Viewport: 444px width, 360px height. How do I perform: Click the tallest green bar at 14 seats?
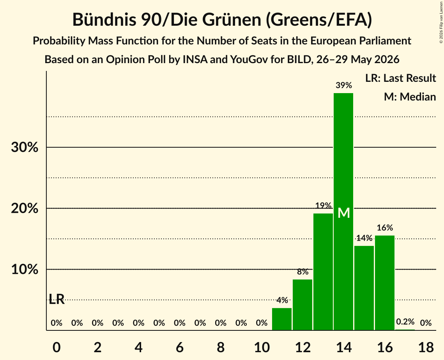[x=343, y=212]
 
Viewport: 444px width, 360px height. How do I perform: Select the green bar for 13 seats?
[x=323, y=272]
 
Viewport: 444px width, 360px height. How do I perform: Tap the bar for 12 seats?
[x=302, y=305]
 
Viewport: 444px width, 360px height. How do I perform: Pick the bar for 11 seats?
[x=282, y=319]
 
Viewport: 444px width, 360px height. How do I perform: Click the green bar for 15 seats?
[x=364, y=288]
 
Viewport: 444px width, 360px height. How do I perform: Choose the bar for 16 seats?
[x=385, y=283]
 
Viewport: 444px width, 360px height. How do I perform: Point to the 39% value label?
[x=344, y=85]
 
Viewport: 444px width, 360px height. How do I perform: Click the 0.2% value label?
[x=405, y=321]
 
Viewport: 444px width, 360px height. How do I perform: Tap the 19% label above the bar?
[x=323, y=205]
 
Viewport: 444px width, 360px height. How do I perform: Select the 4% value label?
[x=282, y=300]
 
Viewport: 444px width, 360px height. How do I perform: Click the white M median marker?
[x=344, y=213]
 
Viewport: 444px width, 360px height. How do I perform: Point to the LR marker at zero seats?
[x=57, y=299]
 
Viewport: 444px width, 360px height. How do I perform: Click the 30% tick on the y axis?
[x=25, y=147]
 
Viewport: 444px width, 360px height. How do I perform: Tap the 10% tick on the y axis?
[x=25, y=270]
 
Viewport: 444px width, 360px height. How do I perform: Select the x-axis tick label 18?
[x=426, y=347]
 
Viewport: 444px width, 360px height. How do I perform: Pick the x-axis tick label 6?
[x=180, y=347]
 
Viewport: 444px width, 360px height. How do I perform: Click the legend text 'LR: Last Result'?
[x=400, y=78]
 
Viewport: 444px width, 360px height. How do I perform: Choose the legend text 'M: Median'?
[x=410, y=97]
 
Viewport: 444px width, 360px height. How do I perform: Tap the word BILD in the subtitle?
[x=299, y=60]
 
